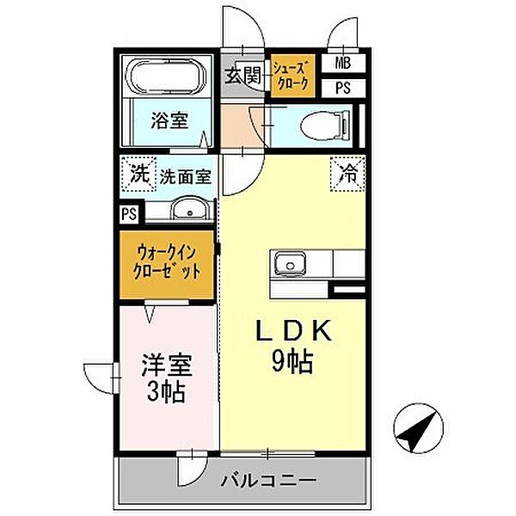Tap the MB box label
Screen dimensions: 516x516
point(342,63)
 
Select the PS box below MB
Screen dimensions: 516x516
point(342,86)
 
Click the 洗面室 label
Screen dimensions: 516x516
point(184,175)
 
